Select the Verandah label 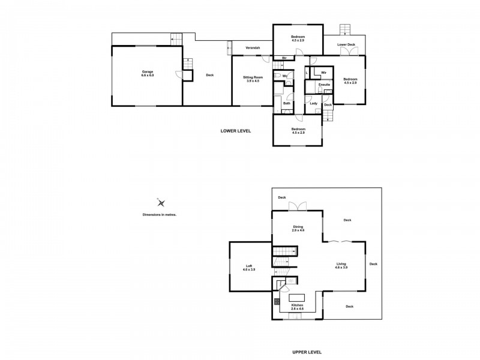(243, 47)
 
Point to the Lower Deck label (346, 44)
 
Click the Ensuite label (325, 85)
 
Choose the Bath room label (287, 103)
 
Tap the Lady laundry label (314, 103)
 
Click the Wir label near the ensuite (323, 72)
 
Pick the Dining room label (298, 227)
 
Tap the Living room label (341, 264)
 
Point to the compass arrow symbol (160, 202)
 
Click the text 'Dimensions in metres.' (159, 214)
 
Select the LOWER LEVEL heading (236, 130)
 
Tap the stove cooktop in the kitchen (277, 302)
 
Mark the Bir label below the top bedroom (284, 58)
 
